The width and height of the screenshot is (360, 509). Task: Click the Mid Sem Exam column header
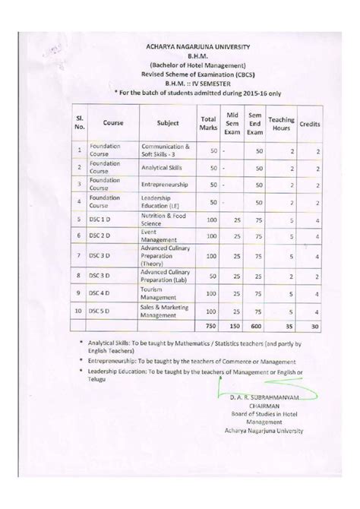(x=233, y=121)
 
